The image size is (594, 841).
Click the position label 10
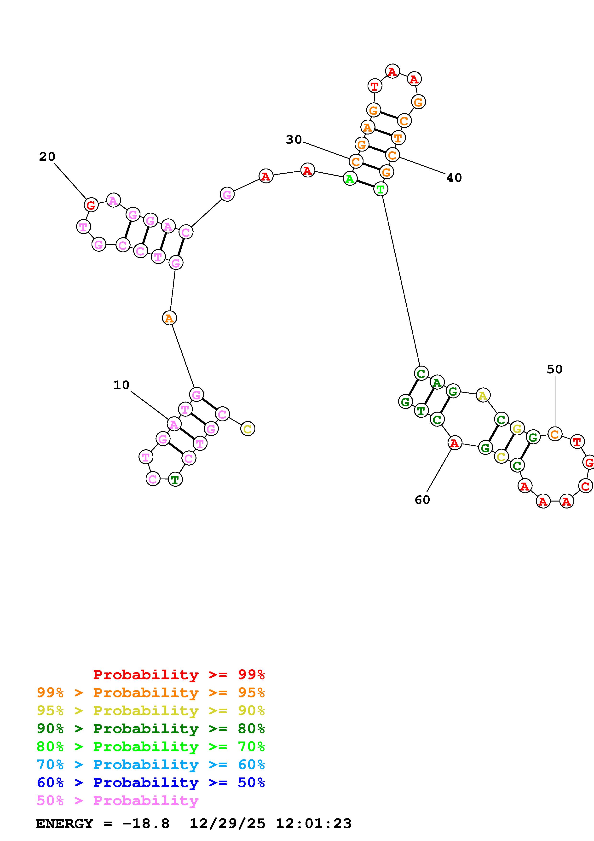click(x=121, y=385)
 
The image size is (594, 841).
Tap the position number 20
click(x=47, y=157)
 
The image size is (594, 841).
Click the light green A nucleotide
click(x=350, y=179)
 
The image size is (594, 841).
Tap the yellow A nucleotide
click(x=483, y=396)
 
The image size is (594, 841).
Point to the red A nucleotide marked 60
click(x=454, y=443)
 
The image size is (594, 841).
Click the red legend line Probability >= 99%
click(x=179, y=674)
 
